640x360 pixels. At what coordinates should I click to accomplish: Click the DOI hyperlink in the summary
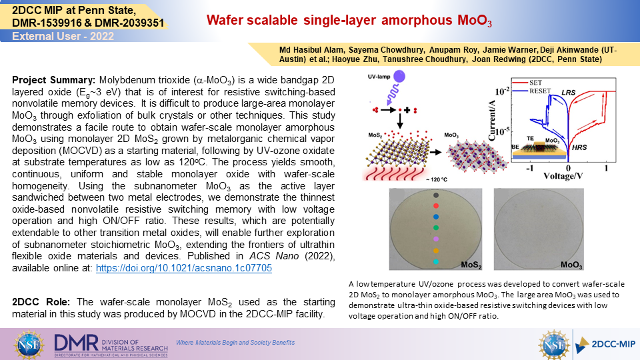point(184,268)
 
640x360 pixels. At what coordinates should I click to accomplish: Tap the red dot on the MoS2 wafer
point(436,206)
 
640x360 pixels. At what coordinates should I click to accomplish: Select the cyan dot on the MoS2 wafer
point(436,262)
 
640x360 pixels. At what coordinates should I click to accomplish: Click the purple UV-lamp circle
point(399,76)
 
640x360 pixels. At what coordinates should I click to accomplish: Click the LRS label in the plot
point(568,92)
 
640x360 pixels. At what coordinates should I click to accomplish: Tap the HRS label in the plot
point(579,147)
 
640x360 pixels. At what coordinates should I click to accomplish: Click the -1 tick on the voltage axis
point(530,169)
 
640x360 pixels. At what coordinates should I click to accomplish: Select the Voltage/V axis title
point(563,176)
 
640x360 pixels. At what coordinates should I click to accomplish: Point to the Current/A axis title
point(491,121)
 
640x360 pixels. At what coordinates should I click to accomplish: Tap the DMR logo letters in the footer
point(76,343)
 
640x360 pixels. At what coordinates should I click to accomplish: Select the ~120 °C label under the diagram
point(436,179)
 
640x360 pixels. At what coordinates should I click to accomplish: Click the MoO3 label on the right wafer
point(571,265)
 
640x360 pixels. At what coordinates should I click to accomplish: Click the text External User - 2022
point(63,36)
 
